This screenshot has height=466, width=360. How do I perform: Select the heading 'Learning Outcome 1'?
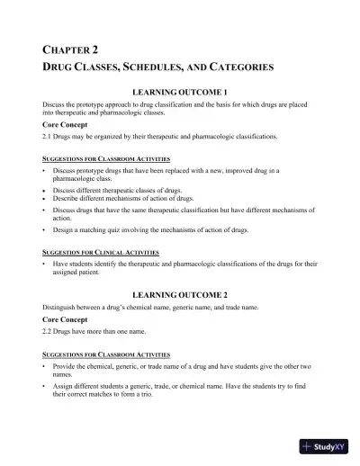click(185, 93)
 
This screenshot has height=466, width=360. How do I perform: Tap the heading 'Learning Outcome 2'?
click(185, 294)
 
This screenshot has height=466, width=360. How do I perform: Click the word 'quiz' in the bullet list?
click(109, 230)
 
